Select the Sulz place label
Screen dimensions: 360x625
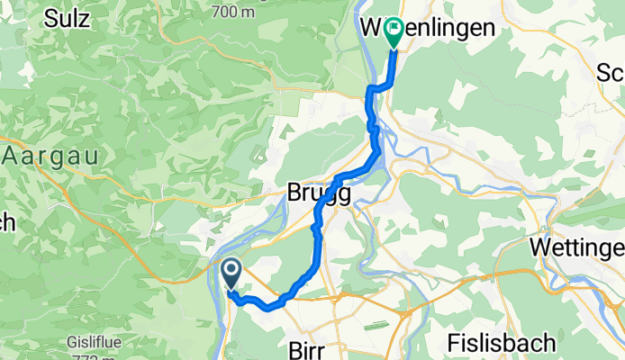pyautogui.click(x=66, y=18)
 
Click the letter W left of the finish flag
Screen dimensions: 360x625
pyautogui.click(x=372, y=28)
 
